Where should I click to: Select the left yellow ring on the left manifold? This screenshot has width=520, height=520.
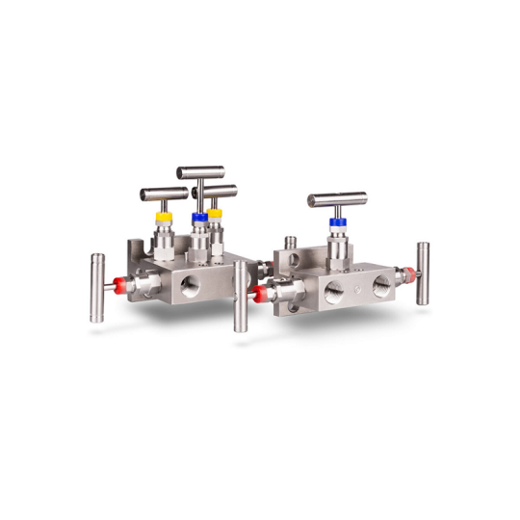click(x=165, y=219)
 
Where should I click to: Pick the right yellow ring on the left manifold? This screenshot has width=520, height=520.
click(x=215, y=213)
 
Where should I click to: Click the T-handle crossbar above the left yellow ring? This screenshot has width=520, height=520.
click(x=165, y=194)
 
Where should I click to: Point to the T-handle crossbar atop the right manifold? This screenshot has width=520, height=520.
click(x=337, y=200)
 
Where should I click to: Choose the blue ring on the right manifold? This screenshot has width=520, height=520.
click(x=337, y=222)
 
